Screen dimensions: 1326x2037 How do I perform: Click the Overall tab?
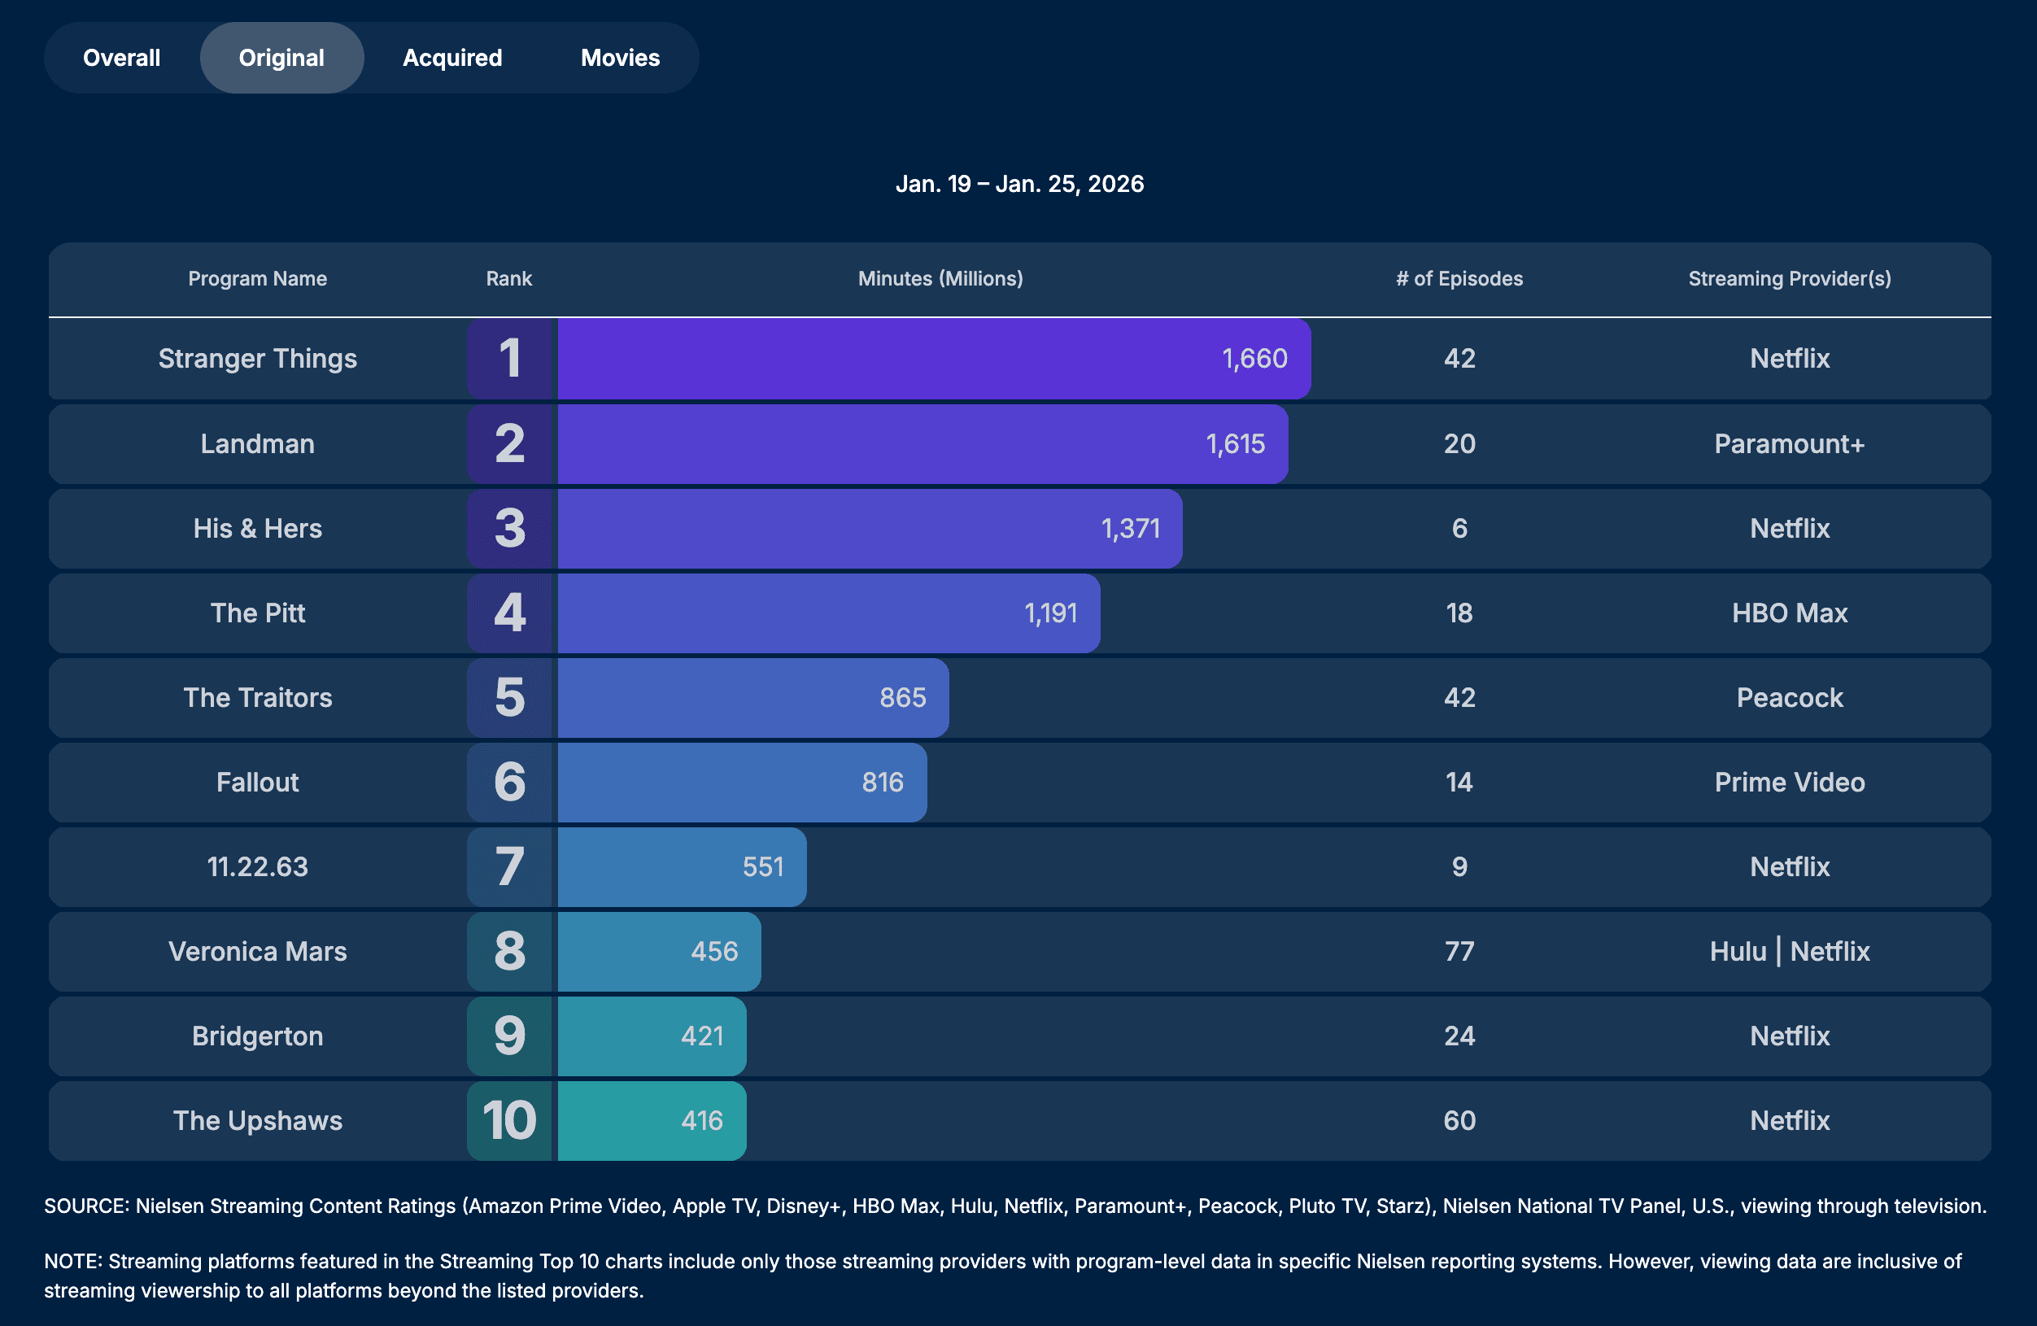tap(121, 59)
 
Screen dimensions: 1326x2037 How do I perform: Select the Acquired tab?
tap(452, 59)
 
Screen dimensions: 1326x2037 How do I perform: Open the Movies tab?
tap(620, 59)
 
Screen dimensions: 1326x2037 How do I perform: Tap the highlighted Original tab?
tap(281, 59)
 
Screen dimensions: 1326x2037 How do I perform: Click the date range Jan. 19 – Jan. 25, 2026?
tap(1018, 184)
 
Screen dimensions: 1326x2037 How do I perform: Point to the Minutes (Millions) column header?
tap(940, 279)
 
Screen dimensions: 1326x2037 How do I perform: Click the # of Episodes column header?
tap(1459, 279)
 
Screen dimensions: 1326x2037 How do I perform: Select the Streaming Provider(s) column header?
tap(1789, 279)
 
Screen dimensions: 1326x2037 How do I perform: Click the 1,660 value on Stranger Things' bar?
tap(1254, 359)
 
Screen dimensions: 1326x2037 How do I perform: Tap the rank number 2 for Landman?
tap(510, 444)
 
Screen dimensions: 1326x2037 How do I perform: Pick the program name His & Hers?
tap(258, 529)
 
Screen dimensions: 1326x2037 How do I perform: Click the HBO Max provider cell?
tap(1789, 613)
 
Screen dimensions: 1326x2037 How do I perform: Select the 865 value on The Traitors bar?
tap(902, 699)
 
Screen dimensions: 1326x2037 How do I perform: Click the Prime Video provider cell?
tap(1789, 783)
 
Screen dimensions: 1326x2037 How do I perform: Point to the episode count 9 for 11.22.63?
tap(1459, 867)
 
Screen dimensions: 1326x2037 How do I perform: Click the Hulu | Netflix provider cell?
tap(1789, 952)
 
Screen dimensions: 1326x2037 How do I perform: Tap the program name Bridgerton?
tap(258, 1036)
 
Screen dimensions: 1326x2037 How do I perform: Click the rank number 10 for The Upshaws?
tap(510, 1120)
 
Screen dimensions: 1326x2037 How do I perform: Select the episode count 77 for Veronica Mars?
tap(1459, 952)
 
